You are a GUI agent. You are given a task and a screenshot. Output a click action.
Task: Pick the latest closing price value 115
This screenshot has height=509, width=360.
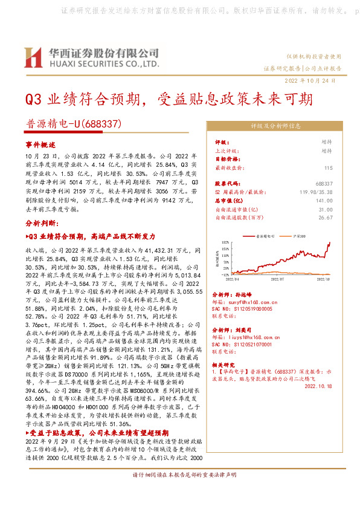pyautogui.click(x=328, y=168)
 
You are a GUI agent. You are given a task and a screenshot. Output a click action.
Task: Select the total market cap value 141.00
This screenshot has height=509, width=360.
pyautogui.click(x=324, y=200)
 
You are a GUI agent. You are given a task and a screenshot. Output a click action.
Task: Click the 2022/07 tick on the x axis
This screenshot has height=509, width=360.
pyautogui.click(x=278, y=279)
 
